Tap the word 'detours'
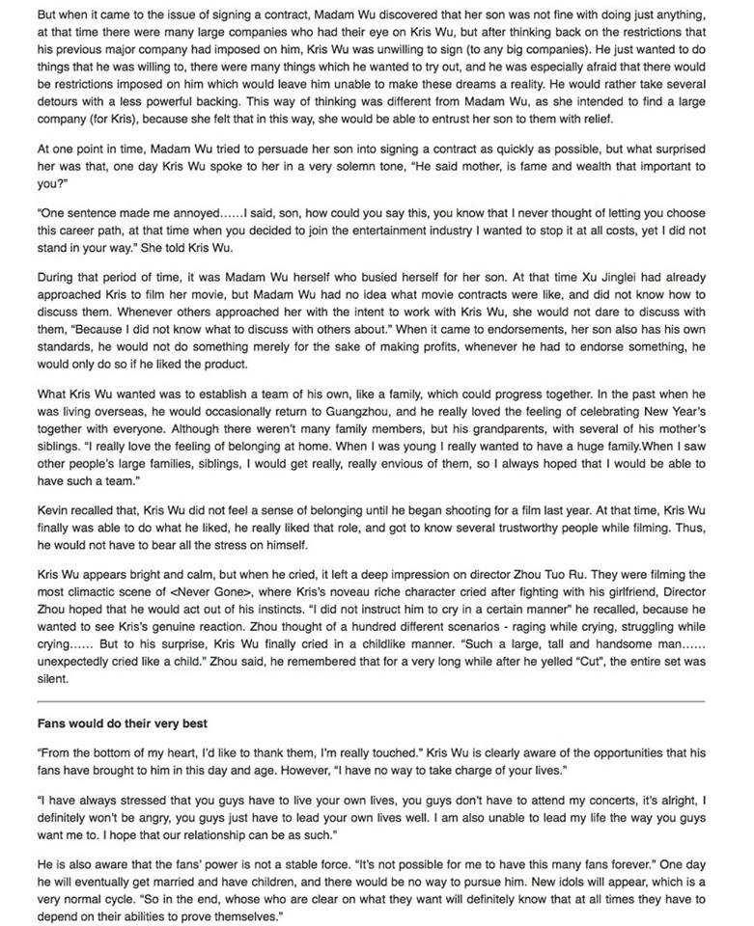coord(63,103)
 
